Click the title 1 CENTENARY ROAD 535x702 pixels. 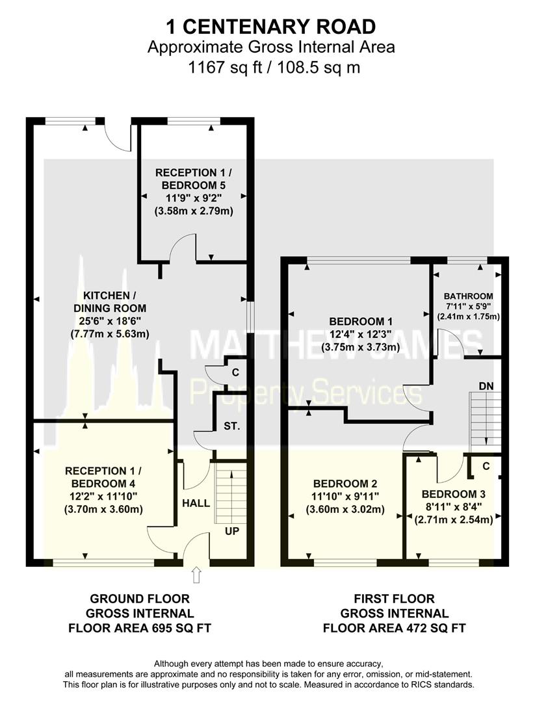tap(271, 27)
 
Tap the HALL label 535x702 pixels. tap(196, 503)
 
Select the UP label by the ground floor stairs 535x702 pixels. tap(232, 531)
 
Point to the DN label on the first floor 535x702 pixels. tap(486, 386)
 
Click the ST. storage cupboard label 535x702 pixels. tap(232, 426)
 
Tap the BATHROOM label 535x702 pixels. tap(468, 296)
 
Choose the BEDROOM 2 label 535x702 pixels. tap(345, 484)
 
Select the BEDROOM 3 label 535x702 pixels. tap(454, 494)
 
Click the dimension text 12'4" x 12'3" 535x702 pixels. tap(361, 334)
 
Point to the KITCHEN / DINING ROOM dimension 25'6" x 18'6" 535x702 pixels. tap(110, 321)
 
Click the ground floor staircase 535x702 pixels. tap(231, 493)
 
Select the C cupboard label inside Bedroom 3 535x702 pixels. tap(486, 466)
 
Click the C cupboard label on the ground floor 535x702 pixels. tap(235, 372)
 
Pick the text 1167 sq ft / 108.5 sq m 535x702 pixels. tap(274, 68)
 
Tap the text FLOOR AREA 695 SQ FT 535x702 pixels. tap(140, 628)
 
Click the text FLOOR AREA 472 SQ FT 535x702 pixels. tap(395, 628)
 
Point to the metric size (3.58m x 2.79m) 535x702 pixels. tap(194, 211)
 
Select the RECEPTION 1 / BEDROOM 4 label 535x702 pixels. tap(103, 477)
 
